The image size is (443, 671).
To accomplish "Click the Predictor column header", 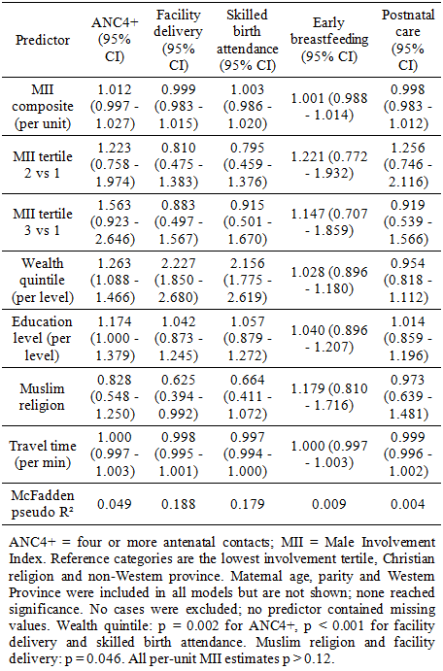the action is (x=43, y=40).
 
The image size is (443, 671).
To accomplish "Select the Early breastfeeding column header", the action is (x=329, y=40).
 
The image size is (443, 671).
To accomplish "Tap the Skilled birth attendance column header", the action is (x=248, y=40).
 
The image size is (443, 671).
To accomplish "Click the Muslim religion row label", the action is (x=42, y=396).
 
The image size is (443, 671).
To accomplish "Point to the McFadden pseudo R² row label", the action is (x=43, y=504).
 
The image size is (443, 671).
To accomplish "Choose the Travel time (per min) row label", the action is (x=43, y=454).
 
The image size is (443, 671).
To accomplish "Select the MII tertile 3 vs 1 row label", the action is (x=43, y=221).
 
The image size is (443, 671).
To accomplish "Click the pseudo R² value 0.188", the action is (x=179, y=504).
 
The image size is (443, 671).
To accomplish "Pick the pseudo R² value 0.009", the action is (x=329, y=504).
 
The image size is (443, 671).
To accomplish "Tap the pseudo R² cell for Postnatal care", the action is (x=407, y=504).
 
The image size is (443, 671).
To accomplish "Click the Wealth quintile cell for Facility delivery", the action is (x=179, y=280).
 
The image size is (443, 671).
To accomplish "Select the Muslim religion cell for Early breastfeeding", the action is (x=329, y=397).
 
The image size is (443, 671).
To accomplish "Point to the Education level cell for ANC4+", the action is (x=115, y=338).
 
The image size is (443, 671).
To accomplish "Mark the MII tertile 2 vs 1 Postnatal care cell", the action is (x=407, y=164).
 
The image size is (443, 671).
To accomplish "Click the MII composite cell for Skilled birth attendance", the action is (x=248, y=106).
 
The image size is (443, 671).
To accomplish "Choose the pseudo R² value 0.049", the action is (x=115, y=504).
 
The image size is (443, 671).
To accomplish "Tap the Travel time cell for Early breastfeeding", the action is (x=329, y=454).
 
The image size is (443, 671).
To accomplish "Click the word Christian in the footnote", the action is (x=409, y=559).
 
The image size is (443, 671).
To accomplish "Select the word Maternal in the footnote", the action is (x=256, y=576).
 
